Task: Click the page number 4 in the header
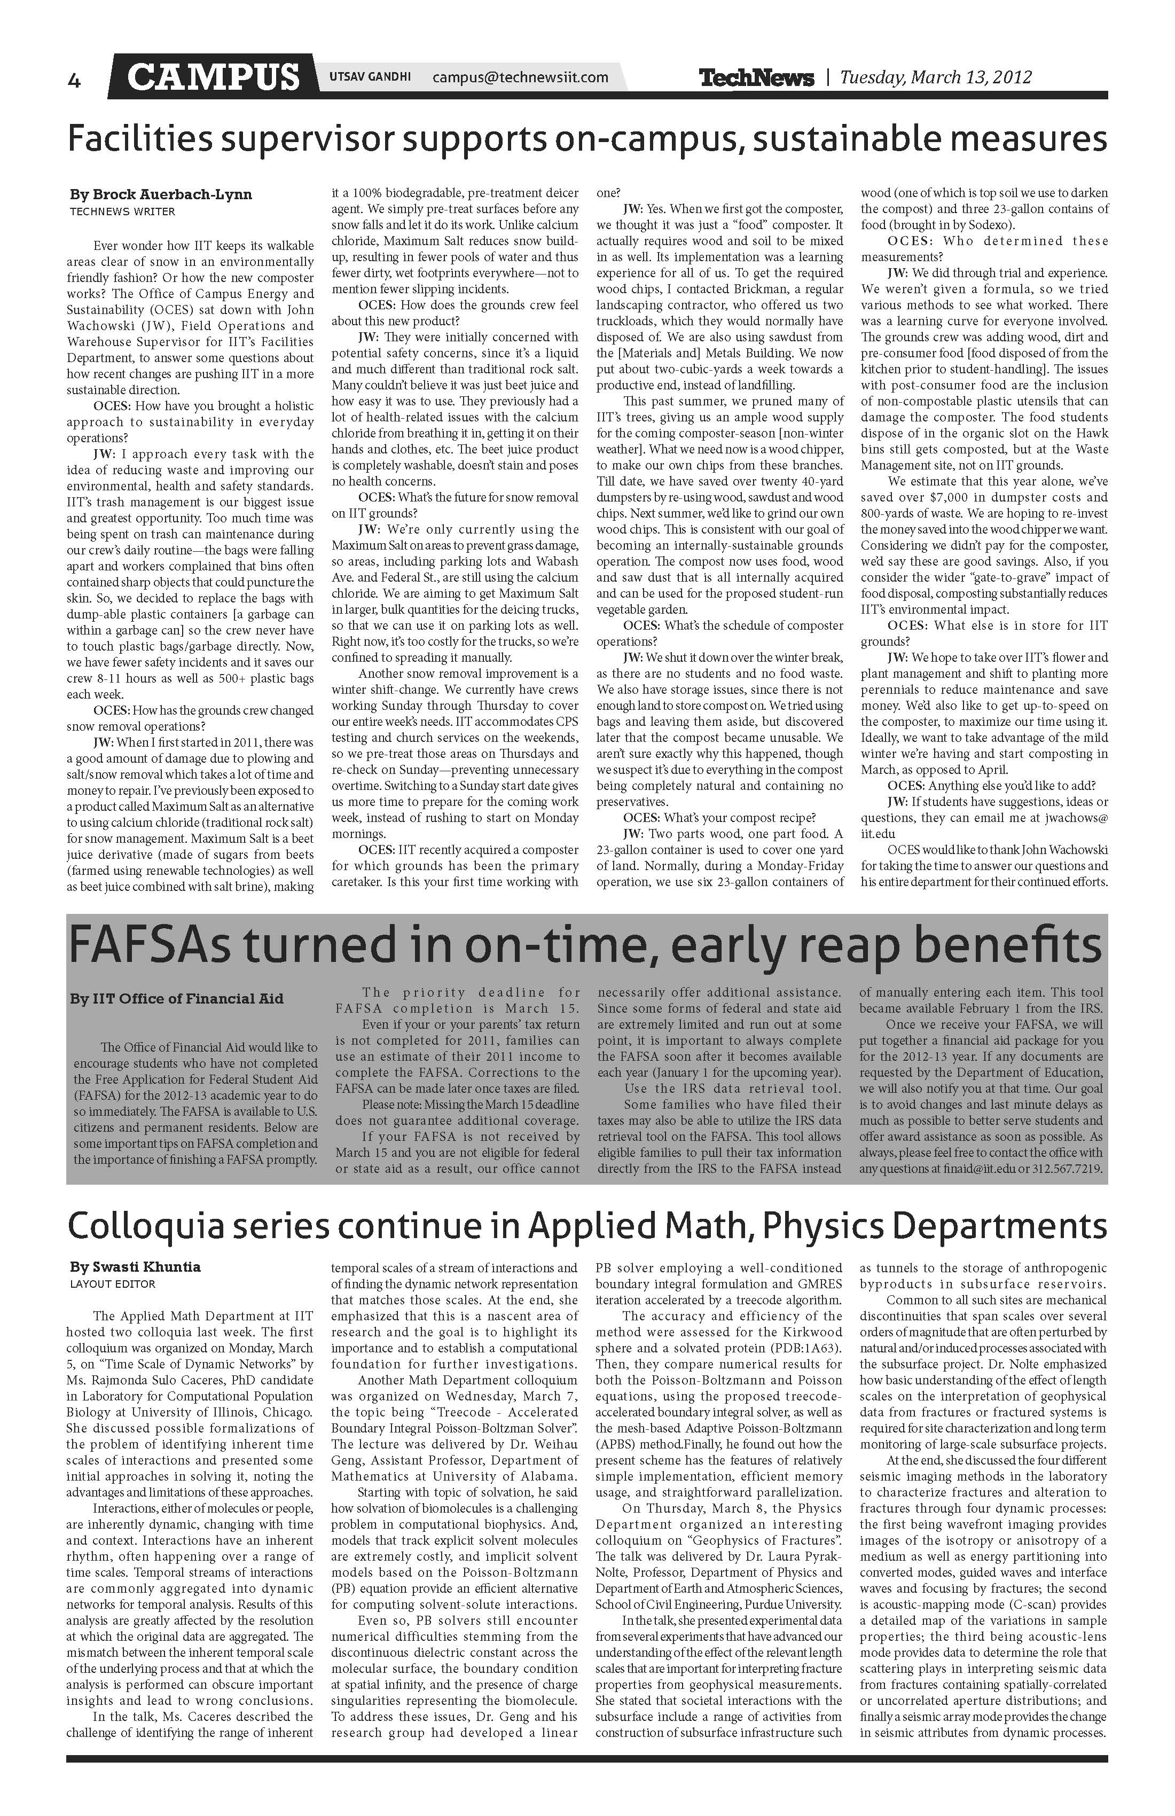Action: point(74,80)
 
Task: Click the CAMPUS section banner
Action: point(213,77)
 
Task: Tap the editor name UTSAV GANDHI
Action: point(370,77)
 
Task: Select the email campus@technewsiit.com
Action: point(520,77)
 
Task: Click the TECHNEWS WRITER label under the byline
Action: point(122,212)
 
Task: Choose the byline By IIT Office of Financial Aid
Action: point(176,999)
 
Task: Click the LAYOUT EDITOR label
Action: point(112,1284)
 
